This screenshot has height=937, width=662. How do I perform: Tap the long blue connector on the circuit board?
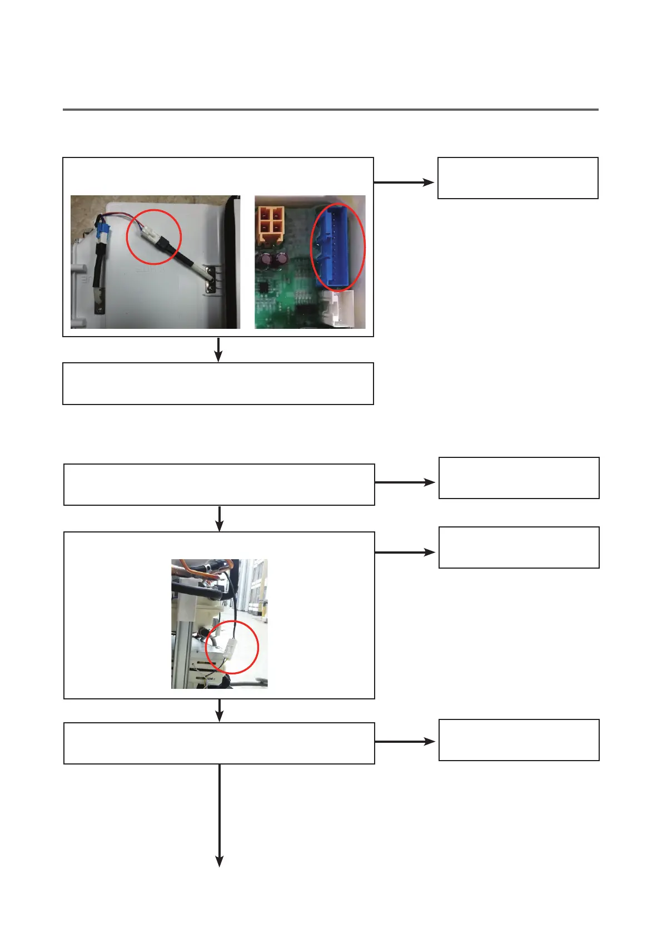tap(336, 247)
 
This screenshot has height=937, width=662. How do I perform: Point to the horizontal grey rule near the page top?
tap(330, 110)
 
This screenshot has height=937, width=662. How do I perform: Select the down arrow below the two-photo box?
tap(218, 349)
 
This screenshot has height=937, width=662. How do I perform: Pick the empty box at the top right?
tap(517, 178)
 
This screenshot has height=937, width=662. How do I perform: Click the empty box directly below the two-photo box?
tap(218, 383)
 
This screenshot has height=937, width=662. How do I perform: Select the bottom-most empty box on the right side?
tap(519, 740)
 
